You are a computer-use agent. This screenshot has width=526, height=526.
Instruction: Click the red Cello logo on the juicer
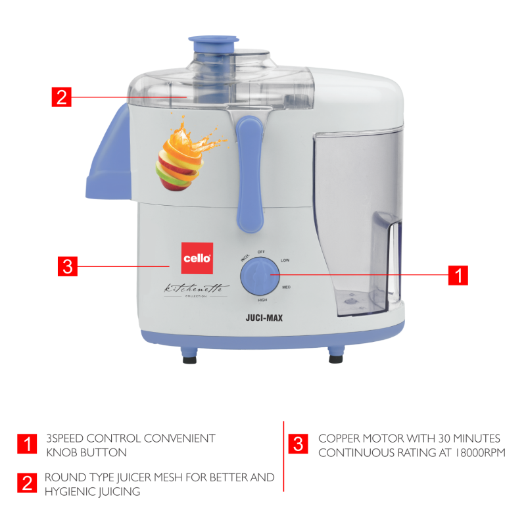(x=196, y=258)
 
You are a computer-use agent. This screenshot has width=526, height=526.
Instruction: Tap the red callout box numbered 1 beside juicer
(x=458, y=275)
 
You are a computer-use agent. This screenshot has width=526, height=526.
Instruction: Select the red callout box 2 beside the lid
(x=60, y=97)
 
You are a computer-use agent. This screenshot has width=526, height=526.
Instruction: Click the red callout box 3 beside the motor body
(x=68, y=267)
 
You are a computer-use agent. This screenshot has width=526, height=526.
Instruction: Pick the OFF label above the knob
(x=261, y=252)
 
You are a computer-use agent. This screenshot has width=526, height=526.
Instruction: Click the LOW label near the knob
(x=285, y=260)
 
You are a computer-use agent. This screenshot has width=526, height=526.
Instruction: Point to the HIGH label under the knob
(x=262, y=300)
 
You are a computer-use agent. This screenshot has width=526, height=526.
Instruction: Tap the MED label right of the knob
(x=287, y=287)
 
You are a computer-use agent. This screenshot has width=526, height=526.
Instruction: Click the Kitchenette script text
(x=194, y=287)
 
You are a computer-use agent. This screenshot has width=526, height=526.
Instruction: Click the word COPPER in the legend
(x=339, y=439)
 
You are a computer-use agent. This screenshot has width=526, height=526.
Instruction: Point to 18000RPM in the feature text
(x=474, y=453)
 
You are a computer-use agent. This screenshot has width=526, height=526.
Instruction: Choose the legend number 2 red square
(x=28, y=483)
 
